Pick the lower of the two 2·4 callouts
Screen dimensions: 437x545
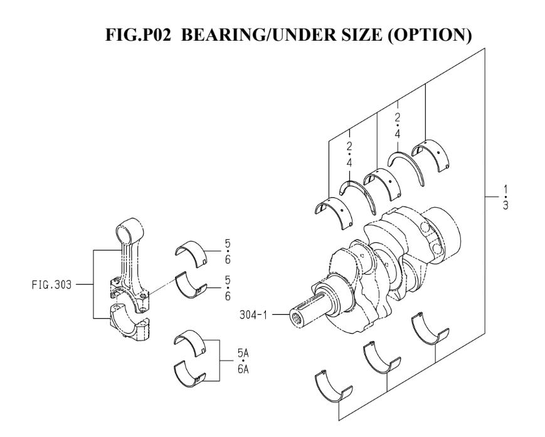click(x=349, y=154)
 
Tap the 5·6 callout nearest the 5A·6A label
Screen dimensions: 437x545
click(x=227, y=288)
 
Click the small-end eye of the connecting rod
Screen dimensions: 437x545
click(x=129, y=224)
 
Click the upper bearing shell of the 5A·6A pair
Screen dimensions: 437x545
click(x=194, y=342)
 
